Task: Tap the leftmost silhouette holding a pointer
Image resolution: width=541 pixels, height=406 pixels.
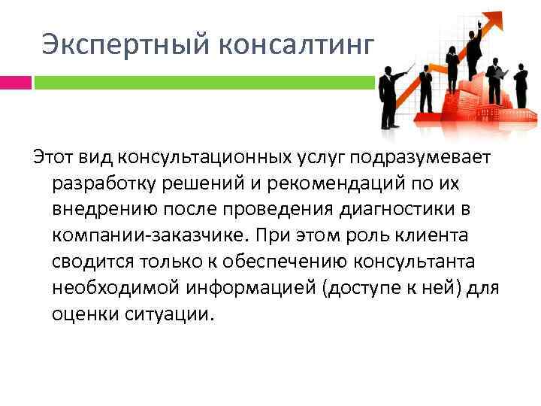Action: click(388, 98)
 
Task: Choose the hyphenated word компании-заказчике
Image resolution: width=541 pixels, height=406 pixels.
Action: click(148, 235)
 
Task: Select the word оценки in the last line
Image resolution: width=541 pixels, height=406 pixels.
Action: click(83, 314)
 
